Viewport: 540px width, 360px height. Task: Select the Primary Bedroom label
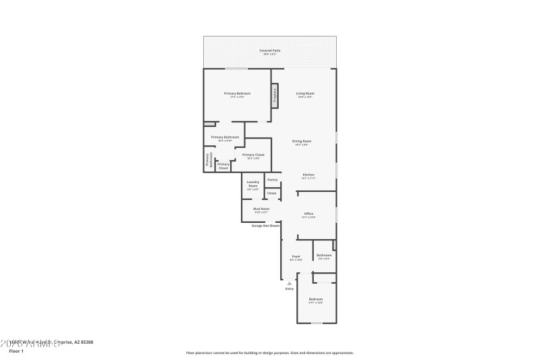pyautogui.click(x=238, y=94)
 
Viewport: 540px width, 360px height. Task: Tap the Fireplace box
pyautogui.click(x=275, y=95)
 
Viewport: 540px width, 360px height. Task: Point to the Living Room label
pyautogui.click(x=305, y=94)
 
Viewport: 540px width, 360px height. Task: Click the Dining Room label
pyautogui.click(x=301, y=142)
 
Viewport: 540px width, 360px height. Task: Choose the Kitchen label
pyautogui.click(x=308, y=176)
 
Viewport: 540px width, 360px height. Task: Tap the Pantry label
pyautogui.click(x=272, y=180)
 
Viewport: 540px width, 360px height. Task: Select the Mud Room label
pyautogui.click(x=261, y=210)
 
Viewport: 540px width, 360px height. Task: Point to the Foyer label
pyautogui.click(x=296, y=257)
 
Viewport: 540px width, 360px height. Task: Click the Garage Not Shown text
pyautogui.click(x=266, y=226)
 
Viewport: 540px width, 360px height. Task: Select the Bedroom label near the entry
pyautogui.click(x=316, y=300)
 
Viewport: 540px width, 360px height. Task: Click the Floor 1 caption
pyautogui.click(x=16, y=351)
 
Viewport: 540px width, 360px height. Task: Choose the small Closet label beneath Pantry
pyautogui.click(x=271, y=193)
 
